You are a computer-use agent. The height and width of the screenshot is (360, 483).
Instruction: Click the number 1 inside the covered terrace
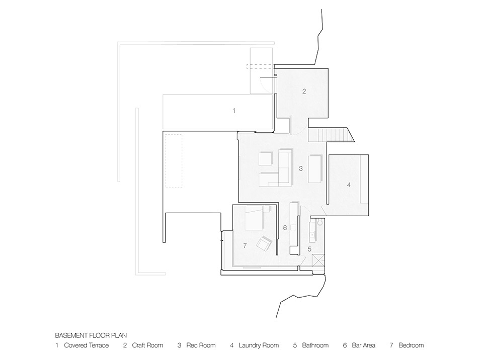(233, 110)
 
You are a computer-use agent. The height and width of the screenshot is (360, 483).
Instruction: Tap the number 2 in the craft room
(304, 92)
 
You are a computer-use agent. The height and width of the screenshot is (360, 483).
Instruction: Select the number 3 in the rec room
(300, 169)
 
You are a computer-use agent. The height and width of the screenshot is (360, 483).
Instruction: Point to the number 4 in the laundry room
(348, 185)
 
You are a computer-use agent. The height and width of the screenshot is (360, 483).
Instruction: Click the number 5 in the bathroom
(309, 248)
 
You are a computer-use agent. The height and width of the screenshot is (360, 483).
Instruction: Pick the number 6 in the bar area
(285, 228)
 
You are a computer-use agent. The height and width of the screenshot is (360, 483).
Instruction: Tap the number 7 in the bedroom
(245, 246)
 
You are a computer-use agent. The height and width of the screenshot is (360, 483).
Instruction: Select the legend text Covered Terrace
(86, 345)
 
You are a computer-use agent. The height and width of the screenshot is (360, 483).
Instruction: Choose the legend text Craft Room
(148, 345)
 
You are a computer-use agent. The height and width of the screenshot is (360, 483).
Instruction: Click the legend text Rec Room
(201, 345)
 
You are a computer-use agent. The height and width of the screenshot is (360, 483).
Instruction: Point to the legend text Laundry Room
(259, 345)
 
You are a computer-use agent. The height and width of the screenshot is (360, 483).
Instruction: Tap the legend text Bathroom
(315, 345)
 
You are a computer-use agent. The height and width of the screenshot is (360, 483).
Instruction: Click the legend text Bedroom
(411, 345)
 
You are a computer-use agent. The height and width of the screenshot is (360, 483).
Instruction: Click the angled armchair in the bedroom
(264, 245)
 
